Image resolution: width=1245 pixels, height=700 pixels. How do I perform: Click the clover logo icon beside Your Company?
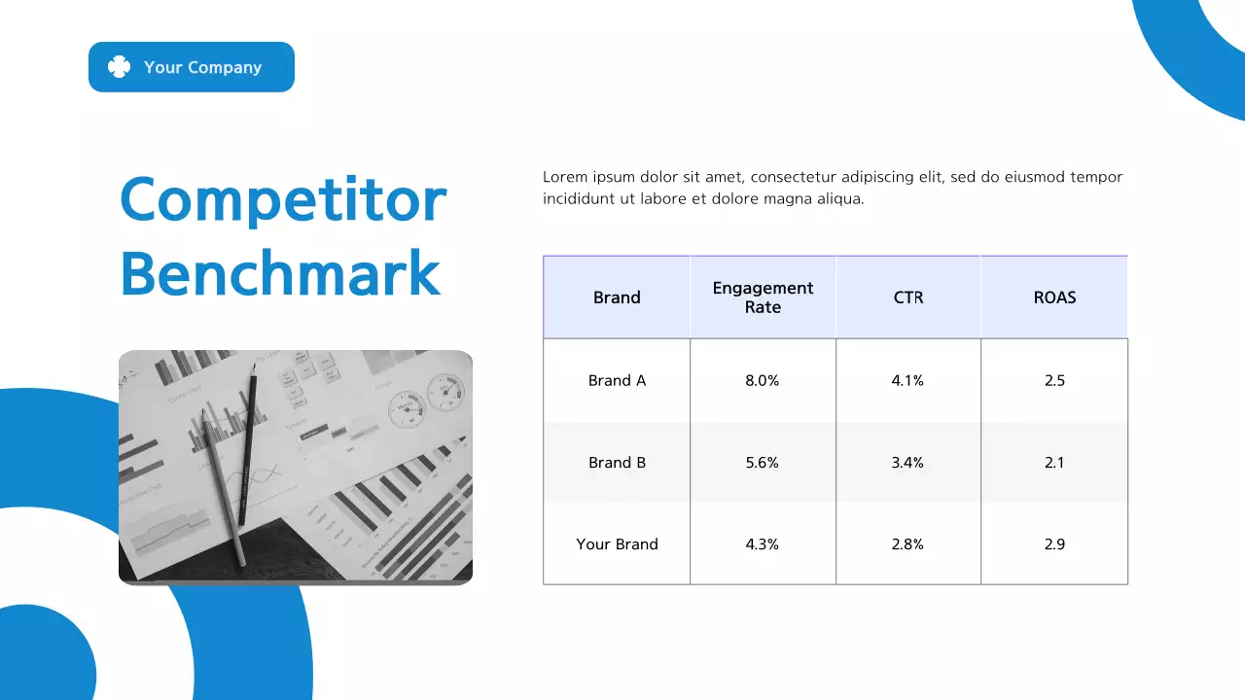(x=119, y=67)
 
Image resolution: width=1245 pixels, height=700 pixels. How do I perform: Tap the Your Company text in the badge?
(x=202, y=67)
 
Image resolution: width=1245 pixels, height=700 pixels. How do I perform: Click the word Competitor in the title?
(x=282, y=199)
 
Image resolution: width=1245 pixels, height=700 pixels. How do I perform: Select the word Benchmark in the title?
(x=280, y=273)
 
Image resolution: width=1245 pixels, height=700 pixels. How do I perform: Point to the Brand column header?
(x=617, y=297)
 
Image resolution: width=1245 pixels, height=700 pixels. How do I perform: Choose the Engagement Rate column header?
(x=763, y=297)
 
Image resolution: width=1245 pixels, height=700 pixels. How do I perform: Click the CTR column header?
(x=908, y=297)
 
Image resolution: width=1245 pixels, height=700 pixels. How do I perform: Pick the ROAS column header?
(x=1054, y=297)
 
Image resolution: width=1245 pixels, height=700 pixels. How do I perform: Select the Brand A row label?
(x=617, y=380)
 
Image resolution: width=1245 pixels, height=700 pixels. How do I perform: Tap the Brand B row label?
(x=617, y=463)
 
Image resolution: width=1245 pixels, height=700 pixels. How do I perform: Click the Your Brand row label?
(x=617, y=544)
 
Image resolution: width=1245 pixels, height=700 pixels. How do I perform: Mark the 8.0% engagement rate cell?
(x=763, y=380)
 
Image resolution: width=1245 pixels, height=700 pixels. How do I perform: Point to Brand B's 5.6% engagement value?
(x=763, y=463)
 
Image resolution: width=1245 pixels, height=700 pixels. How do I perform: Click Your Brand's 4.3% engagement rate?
(x=763, y=544)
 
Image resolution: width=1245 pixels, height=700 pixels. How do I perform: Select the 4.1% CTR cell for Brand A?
(x=907, y=380)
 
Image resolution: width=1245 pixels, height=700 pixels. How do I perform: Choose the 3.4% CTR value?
(x=907, y=463)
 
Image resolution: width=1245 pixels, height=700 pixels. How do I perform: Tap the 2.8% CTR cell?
(x=907, y=544)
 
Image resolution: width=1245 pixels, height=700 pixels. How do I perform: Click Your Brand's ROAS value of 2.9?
(x=1054, y=544)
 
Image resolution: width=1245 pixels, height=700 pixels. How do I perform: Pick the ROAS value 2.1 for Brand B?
(x=1054, y=463)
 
